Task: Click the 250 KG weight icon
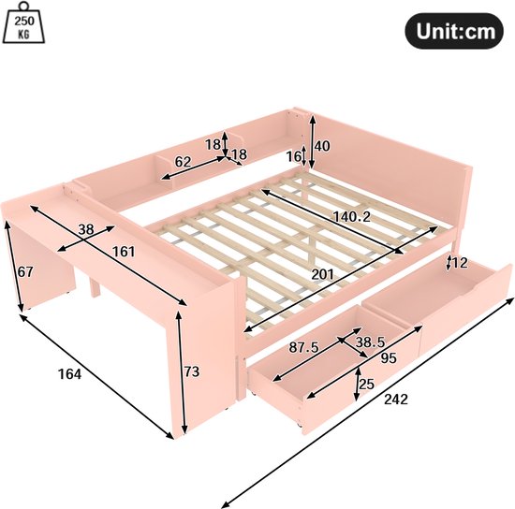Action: (x=23, y=22)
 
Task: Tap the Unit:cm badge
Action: (x=454, y=31)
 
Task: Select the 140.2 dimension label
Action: (x=351, y=216)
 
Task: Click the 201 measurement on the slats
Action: (x=322, y=274)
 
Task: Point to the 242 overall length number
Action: (x=396, y=400)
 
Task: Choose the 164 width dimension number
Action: (x=69, y=373)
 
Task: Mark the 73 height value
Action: (x=192, y=371)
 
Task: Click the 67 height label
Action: (x=25, y=271)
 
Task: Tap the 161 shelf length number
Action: (x=124, y=252)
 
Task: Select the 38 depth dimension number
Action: (x=86, y=229)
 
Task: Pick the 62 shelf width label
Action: (x=183, y=162)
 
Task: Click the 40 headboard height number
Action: (x=322, y=146)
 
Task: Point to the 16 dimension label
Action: (x=294, y=156)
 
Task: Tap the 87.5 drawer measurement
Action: (x=303, y=347)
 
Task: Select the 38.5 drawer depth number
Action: (x=370, y=342)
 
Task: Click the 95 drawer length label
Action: (x=389, y=358)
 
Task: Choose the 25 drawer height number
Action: (x=366, y=384)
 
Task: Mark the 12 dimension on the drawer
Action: (x=460, y=263)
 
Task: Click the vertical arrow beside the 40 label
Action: (x=312, y=142)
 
